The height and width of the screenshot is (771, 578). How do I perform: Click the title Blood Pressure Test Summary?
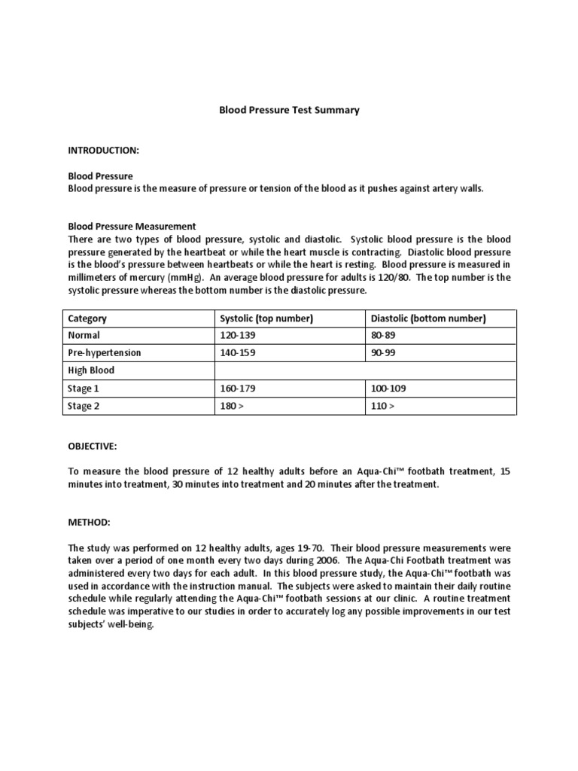pos(288,110)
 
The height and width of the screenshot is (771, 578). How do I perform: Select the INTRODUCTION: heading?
pos(103,151)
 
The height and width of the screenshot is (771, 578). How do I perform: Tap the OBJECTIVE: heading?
pos(93,446)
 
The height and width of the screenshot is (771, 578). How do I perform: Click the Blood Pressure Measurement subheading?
pos(132,226)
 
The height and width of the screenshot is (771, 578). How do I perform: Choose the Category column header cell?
pos(87,318)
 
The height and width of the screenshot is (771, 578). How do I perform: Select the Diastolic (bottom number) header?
pos(427,318)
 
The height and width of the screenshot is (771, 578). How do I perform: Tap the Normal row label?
pos(84,336)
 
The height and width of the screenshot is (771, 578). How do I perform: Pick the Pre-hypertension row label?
pos(105,352)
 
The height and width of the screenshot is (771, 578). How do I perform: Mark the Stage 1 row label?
pos(84,389)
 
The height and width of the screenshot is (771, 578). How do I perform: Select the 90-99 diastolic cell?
pos(383,352)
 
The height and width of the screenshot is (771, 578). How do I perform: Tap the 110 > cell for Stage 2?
pos(382,407)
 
